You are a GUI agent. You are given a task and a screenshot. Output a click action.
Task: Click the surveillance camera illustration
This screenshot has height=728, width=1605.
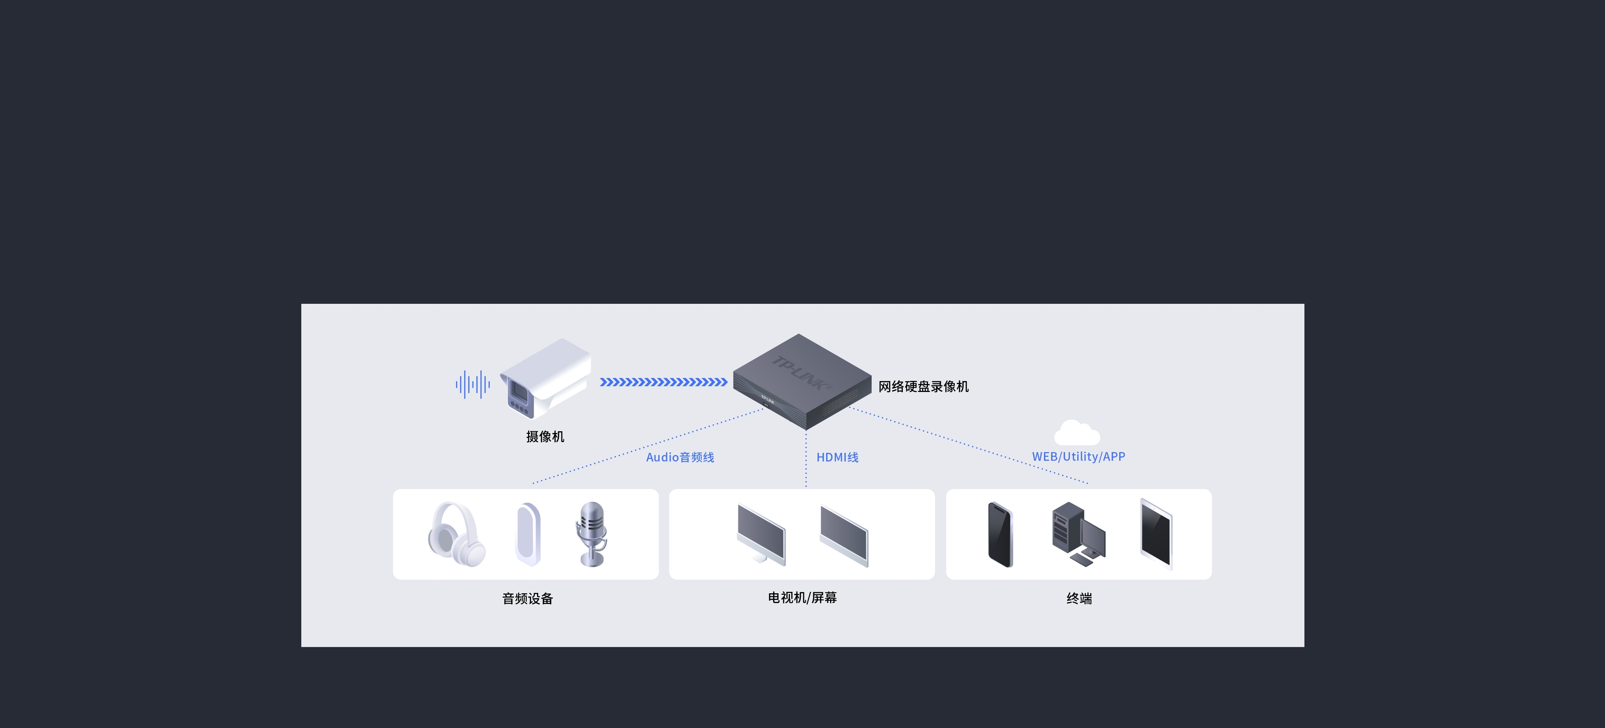coord(545,378)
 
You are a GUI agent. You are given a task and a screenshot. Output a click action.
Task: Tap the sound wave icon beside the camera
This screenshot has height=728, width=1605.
coord(473,384)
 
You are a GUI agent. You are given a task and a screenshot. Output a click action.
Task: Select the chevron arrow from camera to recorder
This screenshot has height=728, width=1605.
coord(663,382)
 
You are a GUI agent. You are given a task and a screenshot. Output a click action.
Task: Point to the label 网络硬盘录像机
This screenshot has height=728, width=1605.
coord(923,387)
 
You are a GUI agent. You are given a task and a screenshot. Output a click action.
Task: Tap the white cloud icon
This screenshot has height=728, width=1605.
coord(1077,432)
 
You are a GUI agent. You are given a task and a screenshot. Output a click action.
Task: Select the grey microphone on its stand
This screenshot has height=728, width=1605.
coord(591,534)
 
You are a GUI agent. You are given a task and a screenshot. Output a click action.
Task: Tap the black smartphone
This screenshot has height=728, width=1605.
coord(1000,535)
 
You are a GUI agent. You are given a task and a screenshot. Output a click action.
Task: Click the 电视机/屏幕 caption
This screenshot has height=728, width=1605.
coord(802,598)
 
